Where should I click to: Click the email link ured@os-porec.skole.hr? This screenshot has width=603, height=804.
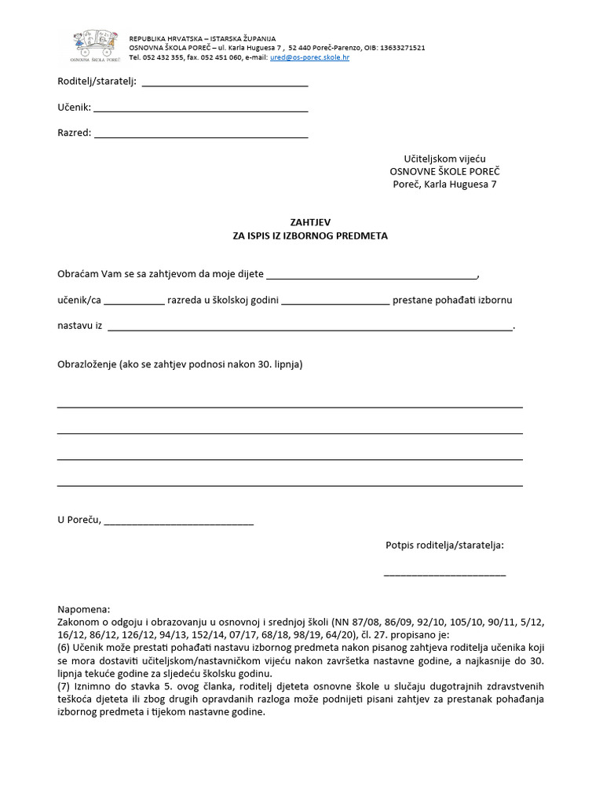pos(310,57)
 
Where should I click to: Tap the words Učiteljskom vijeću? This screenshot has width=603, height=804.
pos(444,159)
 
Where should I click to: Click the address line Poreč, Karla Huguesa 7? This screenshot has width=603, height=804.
pos(444,185)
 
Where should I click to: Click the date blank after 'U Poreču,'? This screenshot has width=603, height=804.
pos(178,522)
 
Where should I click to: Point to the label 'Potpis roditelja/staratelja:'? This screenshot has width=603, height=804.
pos(444,544)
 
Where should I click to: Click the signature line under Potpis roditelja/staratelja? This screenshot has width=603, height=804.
pos(444,576)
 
